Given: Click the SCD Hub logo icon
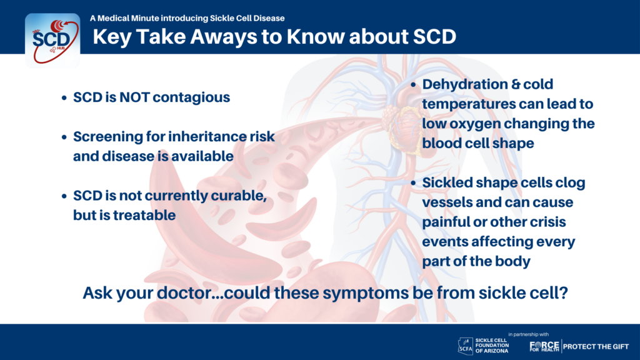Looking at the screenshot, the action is click(x=52, y=41).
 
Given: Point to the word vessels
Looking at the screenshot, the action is click(x=446, y=202).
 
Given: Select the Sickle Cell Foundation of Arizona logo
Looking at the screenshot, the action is click(x=483, y=346).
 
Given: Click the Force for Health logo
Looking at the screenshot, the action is click(x=544, y=346).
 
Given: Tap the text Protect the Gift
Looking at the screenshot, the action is click(x=596, y=346).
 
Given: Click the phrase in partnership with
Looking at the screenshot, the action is click(x=529, y=334).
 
